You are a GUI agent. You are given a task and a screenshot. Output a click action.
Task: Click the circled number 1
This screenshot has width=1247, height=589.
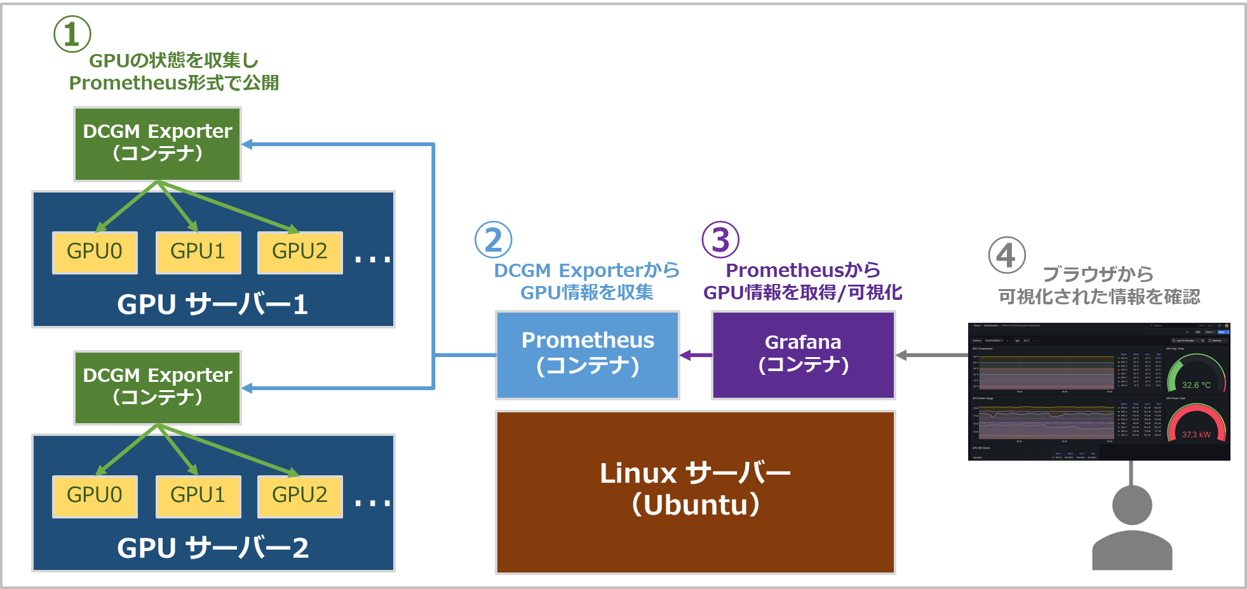pyautogui.click(x=72, y=34)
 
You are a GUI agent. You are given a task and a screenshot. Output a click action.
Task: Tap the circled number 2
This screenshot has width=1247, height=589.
pyautogui.click(x=494, y=240)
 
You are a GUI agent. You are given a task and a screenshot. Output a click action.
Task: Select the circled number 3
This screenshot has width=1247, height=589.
pyautogui.click(x=720, y=240)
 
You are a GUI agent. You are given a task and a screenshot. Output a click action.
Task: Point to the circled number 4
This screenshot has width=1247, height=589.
pyautogui.click(x=1007, y=255)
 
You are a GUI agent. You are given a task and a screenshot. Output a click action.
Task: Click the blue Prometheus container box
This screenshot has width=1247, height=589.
pyautogui.click(x=588, y=355)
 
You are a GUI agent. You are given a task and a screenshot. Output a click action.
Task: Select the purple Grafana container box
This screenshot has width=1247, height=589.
pyautogui.click(x=804, y=355)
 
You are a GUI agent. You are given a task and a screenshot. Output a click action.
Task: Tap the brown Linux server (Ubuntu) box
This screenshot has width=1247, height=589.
pyautogui.click(x=696, y=492)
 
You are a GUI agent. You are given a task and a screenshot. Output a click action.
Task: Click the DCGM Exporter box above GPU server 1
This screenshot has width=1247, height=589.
pyautogui.click(x=158, y=144)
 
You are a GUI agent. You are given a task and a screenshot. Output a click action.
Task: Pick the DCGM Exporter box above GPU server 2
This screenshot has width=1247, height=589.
pyautogui.click(x=158, y=388)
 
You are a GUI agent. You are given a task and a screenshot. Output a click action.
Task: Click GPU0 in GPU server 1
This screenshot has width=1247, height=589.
pyautogui.click(x=95, y=252)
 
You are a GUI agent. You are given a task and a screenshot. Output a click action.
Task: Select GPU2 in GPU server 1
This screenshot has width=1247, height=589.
pyautogui.click(x=300, y=252)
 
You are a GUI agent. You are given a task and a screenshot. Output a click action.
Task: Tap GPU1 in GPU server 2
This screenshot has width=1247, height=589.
pyautogui.click(x=198, y=496)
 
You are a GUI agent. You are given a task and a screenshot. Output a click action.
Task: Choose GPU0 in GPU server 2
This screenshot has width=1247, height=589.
pyautogui.click(x=95, y=496)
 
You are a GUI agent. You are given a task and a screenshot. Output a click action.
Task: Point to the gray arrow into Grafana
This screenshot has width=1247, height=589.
pyautogui.click(x=931, y=355)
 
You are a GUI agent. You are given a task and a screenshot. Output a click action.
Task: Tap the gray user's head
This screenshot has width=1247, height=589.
pyautogui.click(x=1132, y=505)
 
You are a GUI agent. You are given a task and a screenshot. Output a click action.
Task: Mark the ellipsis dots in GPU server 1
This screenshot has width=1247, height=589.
pyautogui.click(x=372, y=259)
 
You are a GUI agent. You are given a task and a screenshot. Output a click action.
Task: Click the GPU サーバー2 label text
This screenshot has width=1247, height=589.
pyautogui.click(x=213, y=548)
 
